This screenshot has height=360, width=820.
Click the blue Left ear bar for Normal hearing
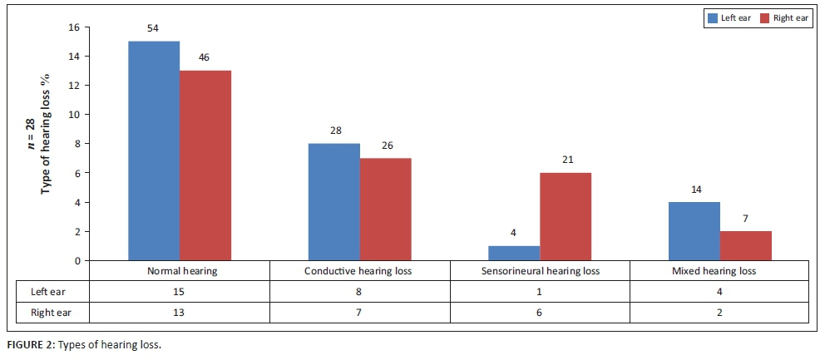[x=154, y=150]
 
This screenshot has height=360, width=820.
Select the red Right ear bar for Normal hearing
[x=205, y=165]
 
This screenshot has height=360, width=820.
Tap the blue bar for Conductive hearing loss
[x=334, y=202]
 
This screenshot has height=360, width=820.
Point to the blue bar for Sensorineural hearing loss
[x=514, y=253]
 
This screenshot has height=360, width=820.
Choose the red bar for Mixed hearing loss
[x=746, y=245]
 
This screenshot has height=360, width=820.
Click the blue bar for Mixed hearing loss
[x=694, y=231]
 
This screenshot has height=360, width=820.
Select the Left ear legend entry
[x=725, y=17]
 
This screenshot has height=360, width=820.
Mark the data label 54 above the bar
[x=154, y=28]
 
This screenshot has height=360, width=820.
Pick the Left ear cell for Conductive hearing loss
[x=359, y=292]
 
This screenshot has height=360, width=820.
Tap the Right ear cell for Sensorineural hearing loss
[x=540, y=312]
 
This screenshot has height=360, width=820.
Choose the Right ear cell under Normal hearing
[x=179, y=312]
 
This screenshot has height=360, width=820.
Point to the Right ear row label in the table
[x=42, y=312]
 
